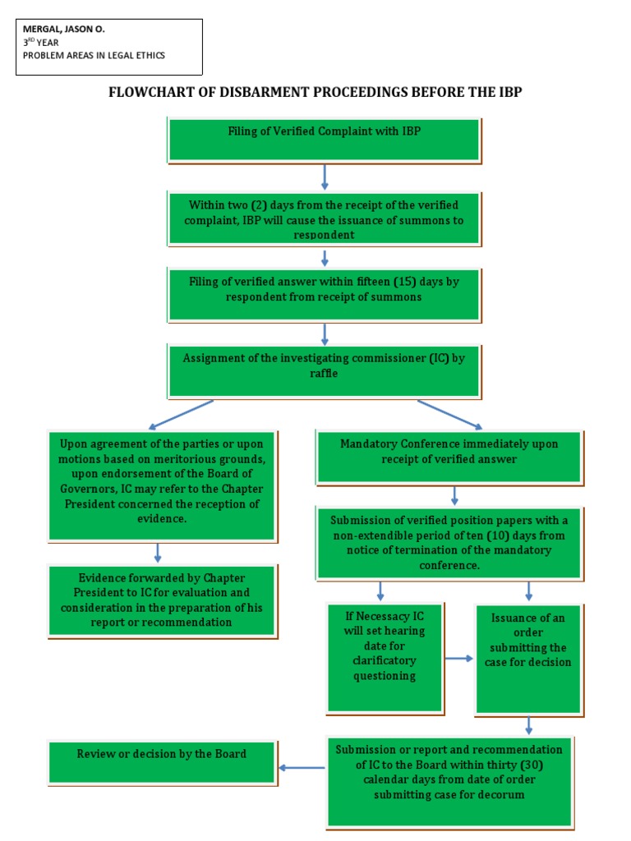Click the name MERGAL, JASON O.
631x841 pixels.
pyautogui.click(x=64, y=29)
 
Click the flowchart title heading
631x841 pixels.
pyautogui.click(x=315, y=92)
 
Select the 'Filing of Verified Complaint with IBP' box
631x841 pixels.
pyautogui.click(x=324, y=139)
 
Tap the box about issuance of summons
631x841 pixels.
pyautogui.click(x=324, y=218)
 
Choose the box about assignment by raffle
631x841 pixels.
pyautogui.click(x=324, y=371)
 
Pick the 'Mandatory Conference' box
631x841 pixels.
pyautogui.click(x=449, y=456)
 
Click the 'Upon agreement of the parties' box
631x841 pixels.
pyautogui.click(x=161, y=485)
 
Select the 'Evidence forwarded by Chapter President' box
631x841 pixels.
pyautogui.click(x=161, y=600)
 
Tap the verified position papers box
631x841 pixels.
pyautogui.click(x=449, y=542)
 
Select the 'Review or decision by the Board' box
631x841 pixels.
pyautogui.click(x=161, y=761)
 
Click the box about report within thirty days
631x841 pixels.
pyautogui.click(x=449, y=780)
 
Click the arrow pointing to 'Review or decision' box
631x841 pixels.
pyautogui.click(x=302, y=768)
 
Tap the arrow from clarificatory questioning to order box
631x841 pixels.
pyautogui.click(x=458, y=659)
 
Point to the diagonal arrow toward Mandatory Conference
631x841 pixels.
pyautogui.click(x=450, y=414)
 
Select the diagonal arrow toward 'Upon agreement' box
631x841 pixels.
pyautogui.click(x=181, y=415)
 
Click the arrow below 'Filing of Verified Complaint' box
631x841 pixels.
pyautogui.click(x=325, y=177)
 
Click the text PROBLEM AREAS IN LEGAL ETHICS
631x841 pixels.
pyautogui.click(x=94, y=56)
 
